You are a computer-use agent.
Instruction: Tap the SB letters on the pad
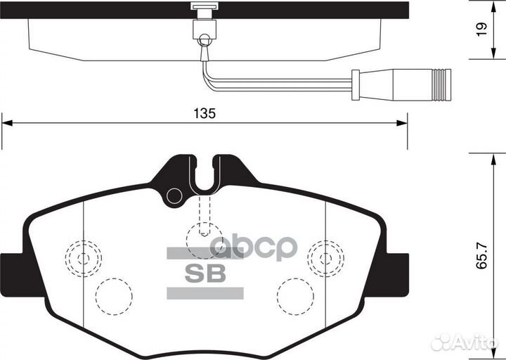[x=205, y=274]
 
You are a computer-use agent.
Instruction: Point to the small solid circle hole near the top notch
[x=174, y=195]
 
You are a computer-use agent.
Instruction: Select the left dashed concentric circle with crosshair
[x=83, y=257]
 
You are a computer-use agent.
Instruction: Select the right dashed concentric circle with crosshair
[x=325, y=258]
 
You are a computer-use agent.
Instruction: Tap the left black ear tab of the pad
[x=11, y=266]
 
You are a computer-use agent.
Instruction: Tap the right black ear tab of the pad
[x=398, y=266]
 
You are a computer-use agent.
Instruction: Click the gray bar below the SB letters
[x=205, y=292]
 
